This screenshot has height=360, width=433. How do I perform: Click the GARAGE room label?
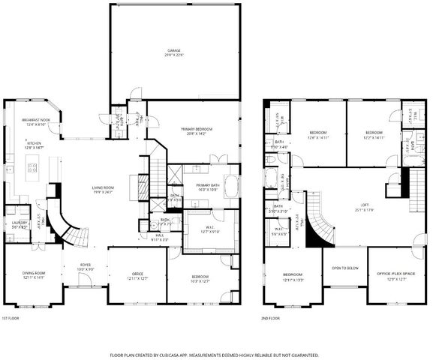point(175,52)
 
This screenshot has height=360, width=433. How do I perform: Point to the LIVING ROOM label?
point(102,188)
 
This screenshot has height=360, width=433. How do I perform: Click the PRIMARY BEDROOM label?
point(197,130)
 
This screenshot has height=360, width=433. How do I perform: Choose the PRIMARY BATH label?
point(206,185)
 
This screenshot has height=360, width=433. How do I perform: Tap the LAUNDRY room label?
point(19,223)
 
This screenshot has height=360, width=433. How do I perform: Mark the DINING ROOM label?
point(33,273)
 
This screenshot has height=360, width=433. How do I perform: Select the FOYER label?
point(86,264)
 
